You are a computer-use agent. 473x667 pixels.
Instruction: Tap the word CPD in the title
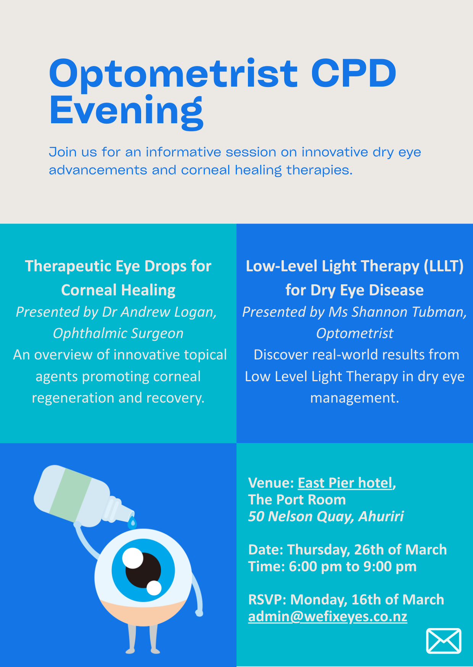pyautogui.click(x=354, y=72)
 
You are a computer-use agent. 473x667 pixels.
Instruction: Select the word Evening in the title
pyautogui.click(x=126, y=112)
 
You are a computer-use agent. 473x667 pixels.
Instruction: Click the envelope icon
pyautogui.click(x=444, y=641)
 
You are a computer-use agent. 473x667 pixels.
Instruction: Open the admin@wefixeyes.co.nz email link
pyautogui.click(x=328, y=617)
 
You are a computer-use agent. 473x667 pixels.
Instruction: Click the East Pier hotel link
pyautogui.click(x=345, y=483)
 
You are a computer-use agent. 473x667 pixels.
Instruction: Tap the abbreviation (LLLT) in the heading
pyautogui.click(x=444, y=266)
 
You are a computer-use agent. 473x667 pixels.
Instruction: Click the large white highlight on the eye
pyautogui.click(x=133, y=558)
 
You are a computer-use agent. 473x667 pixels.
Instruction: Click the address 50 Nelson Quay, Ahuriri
pyautogui.click(x=326, y=516)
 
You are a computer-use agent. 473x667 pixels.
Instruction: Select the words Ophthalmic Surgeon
pyautogui.click(x=118, y=333)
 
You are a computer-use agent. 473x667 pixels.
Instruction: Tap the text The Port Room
pyautogui.click(x=297, y=499)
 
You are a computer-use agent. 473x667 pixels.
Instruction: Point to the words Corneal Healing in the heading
pyautogui.click(x=118, y=290)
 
